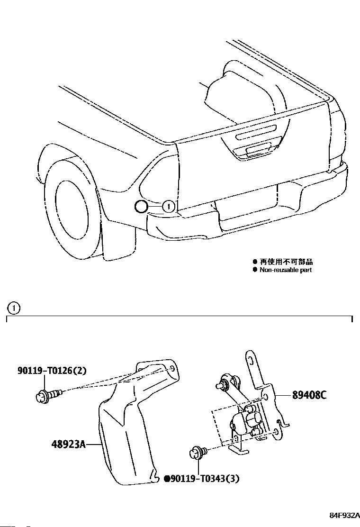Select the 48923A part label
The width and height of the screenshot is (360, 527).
coord(68,445)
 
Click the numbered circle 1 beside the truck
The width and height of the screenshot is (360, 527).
coord(169,206)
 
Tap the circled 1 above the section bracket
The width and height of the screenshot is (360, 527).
coord(14,308)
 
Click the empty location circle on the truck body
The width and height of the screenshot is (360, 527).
coord(141,207)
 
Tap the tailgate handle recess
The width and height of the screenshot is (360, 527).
coord(256,152)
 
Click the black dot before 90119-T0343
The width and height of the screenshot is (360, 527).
coord(166,479)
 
